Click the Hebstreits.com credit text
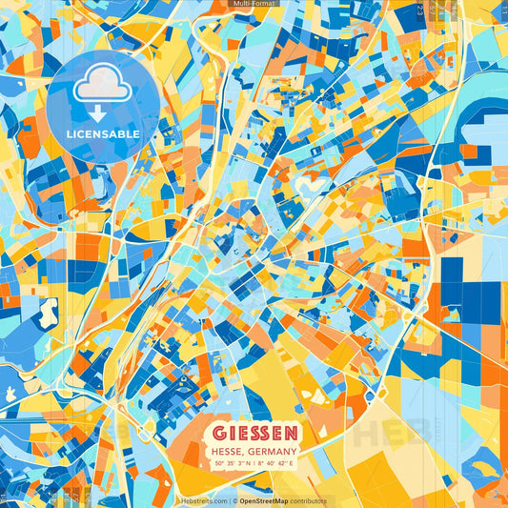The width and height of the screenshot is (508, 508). coord(203,500)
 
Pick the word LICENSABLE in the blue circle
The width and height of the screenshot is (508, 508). coord(103,134)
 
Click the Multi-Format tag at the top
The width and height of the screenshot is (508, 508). coord(254,5)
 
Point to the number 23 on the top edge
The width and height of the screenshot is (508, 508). coord(420,10)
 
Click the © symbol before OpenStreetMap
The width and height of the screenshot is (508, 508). coord(234,500)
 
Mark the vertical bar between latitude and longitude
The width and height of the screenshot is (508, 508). coord(251,463)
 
